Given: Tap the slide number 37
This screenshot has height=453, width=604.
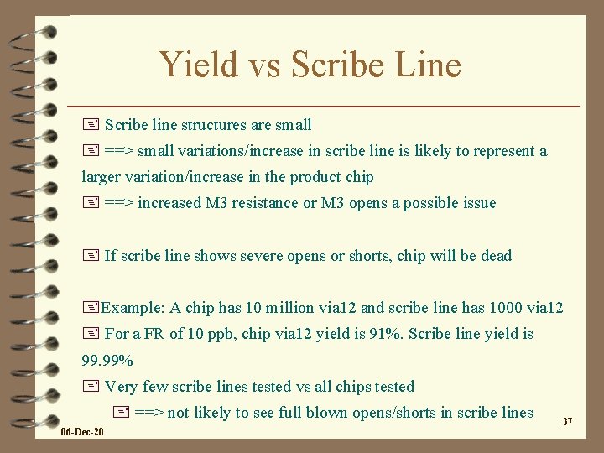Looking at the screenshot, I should point(567,421).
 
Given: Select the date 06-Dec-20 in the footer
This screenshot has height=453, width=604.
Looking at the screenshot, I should point(82,432).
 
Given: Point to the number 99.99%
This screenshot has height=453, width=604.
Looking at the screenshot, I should point(107,361).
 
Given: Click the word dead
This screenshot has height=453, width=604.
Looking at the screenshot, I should point(496,255).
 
